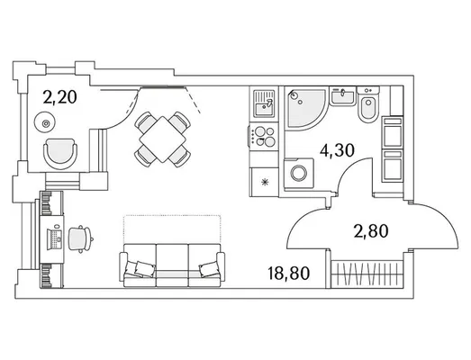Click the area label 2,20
[59, 97]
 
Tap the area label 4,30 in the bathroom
[337, 150]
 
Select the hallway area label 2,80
[371, 231]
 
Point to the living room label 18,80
[288, 273]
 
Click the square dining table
[162, 139]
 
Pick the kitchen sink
[264, 103]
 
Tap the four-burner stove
[264, 136]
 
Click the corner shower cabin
[304, 108]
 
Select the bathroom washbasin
[343, 96]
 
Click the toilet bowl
[368, 104]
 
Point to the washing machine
[299, 174]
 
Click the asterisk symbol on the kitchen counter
[265, 182]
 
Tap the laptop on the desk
[55, 239]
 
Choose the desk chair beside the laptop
[79, 238]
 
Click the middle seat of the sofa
[172, 265]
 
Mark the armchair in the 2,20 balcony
[60, 154]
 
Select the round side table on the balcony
[45, 122]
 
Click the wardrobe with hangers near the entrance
[367, 274]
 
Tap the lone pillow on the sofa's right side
[208, 269]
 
